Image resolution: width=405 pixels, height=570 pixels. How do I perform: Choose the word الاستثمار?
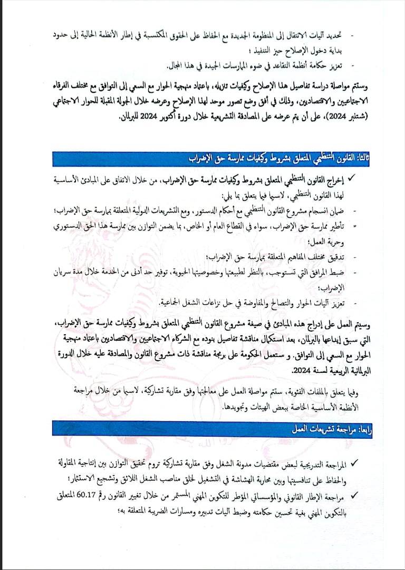coord(70,479)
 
